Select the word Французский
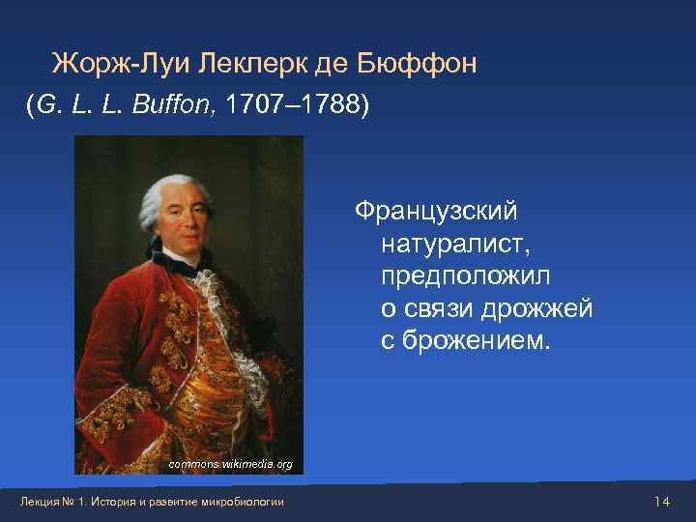pos(437,210)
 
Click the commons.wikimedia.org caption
pos(230,464)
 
